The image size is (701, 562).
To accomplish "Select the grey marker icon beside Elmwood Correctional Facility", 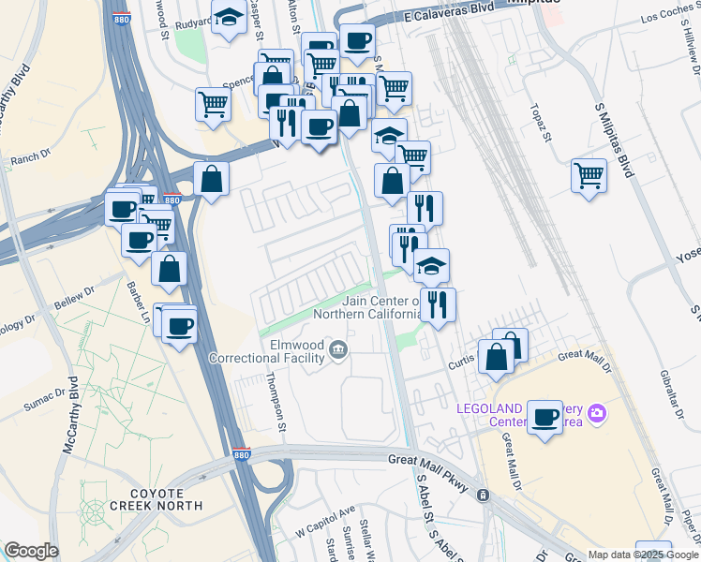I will tap(338, 351).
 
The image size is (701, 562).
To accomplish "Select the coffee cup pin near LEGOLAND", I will tap(544, 417).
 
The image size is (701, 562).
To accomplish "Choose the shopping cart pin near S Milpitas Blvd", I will tap(589, 173).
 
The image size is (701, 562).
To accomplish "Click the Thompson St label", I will tap(276, 402).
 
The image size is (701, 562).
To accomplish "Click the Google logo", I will tap(30, 551).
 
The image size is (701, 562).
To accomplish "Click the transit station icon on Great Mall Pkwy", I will tap(483, 495).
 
